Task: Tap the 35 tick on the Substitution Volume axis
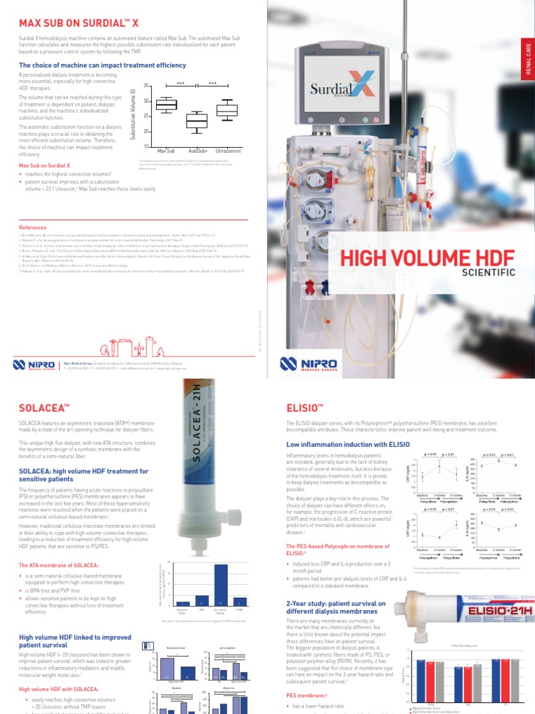[146, 86]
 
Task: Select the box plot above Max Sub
[166, 105]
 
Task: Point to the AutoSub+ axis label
[198, 151]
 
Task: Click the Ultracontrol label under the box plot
[228, 151]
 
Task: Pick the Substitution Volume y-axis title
[132, 116]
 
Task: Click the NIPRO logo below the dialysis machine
[308, 363]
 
